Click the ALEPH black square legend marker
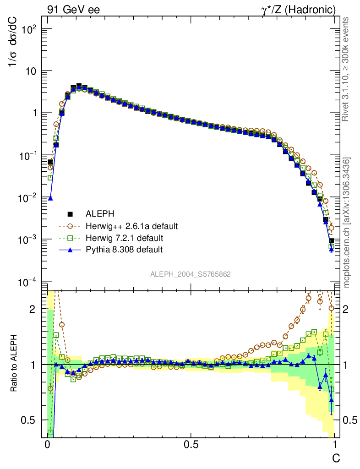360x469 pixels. coord(71,213)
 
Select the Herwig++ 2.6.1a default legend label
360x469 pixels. coord(131,226)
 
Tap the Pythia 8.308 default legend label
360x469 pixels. coord(124,250)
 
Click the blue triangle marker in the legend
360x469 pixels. coord(71,250)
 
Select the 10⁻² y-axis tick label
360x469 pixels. coord(27,197)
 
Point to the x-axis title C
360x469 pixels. coord(336,458)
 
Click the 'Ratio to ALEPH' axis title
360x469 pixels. coord(14,364)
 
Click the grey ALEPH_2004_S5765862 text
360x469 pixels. coord(191,274)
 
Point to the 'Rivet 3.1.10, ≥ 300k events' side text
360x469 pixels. coord(347,69)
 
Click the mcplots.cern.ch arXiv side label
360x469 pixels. coord(347,222)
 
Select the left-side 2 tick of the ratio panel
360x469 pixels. coord(33,309)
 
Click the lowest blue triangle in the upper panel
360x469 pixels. coord(331,250)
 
